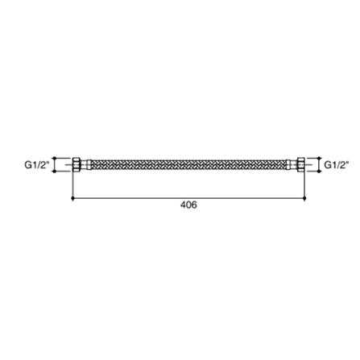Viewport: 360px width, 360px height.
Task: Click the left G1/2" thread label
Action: pyautogui.click(x=35, y=165)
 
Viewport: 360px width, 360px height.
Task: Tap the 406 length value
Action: pyautogui.click(x=188, y=205)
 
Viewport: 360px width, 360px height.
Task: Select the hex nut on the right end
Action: pyautogui.click(x=300, y=165)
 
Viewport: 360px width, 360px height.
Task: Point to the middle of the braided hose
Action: pyautogui.click(x=188, y=165)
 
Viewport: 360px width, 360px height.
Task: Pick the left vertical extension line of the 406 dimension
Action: pyautogui.click(x=73, y=184)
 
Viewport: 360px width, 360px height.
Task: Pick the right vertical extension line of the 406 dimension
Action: pyautogui.click(x=304, y=184)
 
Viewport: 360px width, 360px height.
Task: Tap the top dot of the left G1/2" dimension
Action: pyautogui.click(x=54, y=159)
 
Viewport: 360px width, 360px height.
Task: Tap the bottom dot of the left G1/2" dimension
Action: pyautogui.click(x=54, y=172)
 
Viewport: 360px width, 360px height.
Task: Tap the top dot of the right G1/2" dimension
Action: pyautogui.click(x=321, y=159)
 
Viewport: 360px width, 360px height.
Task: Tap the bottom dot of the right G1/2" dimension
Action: pyautogui.click(x=321, y=172)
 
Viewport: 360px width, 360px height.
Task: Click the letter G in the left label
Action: pyautogui.click(x=27, y=165)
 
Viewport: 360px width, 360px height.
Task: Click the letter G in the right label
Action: pyautogui.click(x=327, y=165)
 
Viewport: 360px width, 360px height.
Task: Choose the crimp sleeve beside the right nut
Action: pyautogui.click(x=292, y=165)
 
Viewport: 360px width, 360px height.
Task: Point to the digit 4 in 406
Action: pyautogui.click(x=183, y=205)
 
